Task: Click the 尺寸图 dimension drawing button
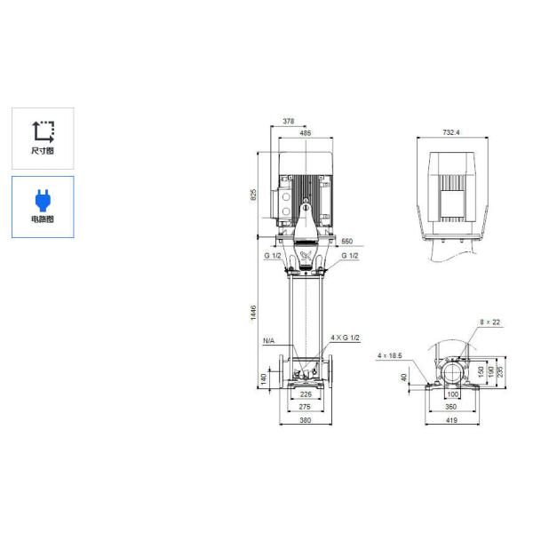click(43, 139)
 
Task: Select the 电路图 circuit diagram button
click(43, 206)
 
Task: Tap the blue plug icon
click(43, 197)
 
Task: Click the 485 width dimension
click(305, 133)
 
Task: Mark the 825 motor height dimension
click(253, 194)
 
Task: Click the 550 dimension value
click(346, 242)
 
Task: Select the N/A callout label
click(268, 340)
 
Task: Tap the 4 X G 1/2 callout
click(346, 338)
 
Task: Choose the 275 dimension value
click(306, 406)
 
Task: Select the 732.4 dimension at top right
click(451, 133)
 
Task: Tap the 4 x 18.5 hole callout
click(389, 355)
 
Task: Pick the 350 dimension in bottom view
click(451, 406)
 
